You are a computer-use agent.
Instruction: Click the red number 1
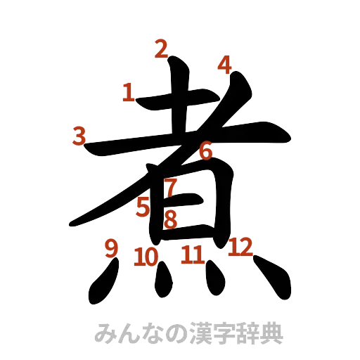128,92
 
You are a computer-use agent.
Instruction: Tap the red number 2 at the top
161,49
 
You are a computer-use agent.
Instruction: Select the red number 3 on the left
79,135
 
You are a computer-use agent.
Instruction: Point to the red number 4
224,65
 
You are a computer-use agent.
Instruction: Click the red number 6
205,150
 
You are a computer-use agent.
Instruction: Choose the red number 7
171,188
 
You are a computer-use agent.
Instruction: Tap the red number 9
110,248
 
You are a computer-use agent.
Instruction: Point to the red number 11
191,253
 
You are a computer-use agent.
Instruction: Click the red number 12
240,247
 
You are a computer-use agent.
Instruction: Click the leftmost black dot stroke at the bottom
100,285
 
